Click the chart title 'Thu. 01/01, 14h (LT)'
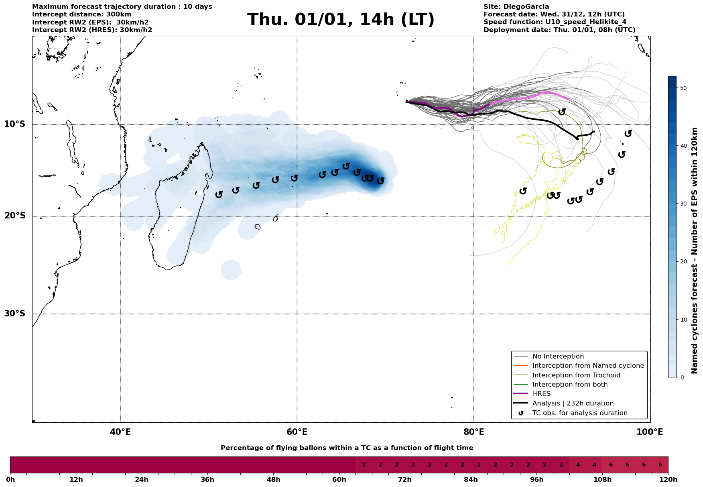[341, 20]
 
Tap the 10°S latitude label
[15, 124]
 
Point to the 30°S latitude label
[15, 314]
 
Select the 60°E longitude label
[297, 432]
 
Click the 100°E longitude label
[650, 432]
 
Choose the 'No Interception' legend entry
[558, 357]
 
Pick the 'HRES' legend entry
[541, 394]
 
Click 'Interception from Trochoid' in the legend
[576, 375]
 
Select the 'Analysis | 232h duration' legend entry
[573, 403]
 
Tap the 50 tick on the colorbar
[684, 88]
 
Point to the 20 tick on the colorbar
[684, 262]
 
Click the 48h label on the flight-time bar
[273, 480]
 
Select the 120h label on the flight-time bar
[668, 480]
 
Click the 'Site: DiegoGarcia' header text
[516, 7]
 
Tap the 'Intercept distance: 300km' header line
[81, 14]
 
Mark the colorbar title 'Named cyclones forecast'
[695, 251]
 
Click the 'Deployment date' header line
[559, 30]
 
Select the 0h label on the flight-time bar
[10, 480]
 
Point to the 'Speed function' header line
[555, 22]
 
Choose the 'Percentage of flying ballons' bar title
[347, 448]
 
